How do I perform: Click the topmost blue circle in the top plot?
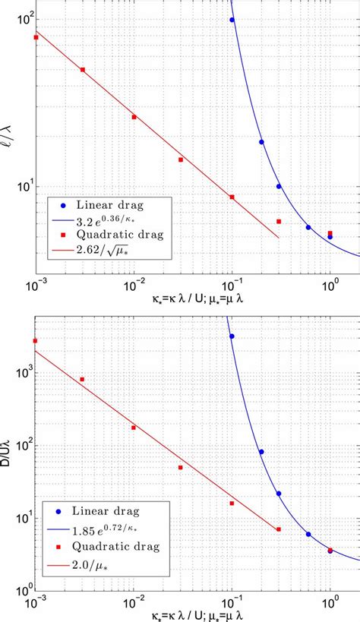click(232, 20)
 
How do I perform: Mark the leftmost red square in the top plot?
click(36, 37)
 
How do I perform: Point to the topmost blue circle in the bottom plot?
click(232, 336)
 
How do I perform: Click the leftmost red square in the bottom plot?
click(35, 341)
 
